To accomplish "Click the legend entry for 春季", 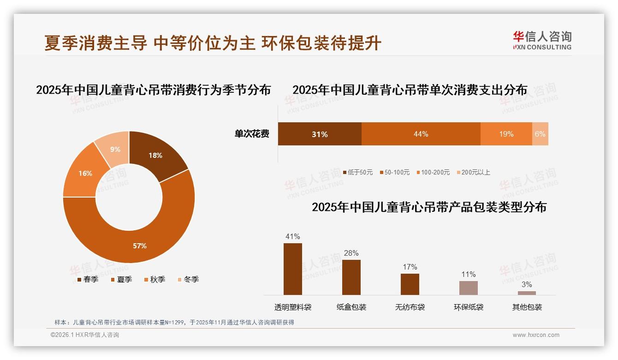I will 87,279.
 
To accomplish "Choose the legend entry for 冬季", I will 188,279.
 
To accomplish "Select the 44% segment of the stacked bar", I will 421,134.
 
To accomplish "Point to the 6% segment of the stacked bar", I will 540,134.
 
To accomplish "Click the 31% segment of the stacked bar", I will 319,134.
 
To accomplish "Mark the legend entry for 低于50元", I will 357,172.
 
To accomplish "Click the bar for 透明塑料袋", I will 293,269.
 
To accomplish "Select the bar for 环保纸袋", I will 468,288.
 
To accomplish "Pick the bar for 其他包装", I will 527,293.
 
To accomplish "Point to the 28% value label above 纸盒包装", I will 351,253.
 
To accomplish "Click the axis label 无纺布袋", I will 410,307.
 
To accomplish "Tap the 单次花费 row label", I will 252,134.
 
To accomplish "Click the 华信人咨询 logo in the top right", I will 542,40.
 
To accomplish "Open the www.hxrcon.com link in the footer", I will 536,335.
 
